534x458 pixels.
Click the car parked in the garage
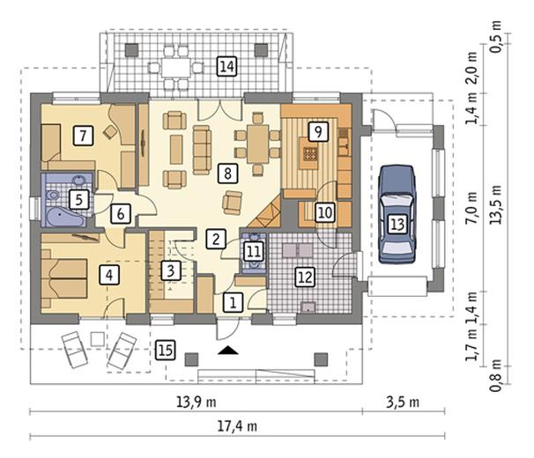click(x=397, y=215)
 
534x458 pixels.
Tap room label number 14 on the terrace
click(x=226, y=66)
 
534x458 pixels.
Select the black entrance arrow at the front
click(x=228, y=351)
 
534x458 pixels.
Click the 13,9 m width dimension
click(x=197, y=403)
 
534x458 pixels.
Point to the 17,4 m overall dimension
click(x=237, y=426)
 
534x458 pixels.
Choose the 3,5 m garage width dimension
click(x=403, y=403)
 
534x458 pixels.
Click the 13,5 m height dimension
click(x=496, y=204)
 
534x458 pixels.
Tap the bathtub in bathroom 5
click(x=65, y=217)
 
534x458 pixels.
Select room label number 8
click(x=228, y=173)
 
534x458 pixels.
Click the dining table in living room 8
click(x=258, y=144)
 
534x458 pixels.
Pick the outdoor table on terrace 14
click(x=176, y=68)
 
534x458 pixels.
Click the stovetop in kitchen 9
click(x=309, y=153)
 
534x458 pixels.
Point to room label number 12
click(x=305, y=277)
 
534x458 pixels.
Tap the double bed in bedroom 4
click(x=64, y=278)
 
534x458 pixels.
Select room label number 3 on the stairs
click(x=171, y=271)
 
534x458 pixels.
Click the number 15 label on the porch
click(x=166, y=350)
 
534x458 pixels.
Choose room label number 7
click(x=83, y=136)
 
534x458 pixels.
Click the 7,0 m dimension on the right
click(x=471, y=208)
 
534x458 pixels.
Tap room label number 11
click(x=254, y=252)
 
